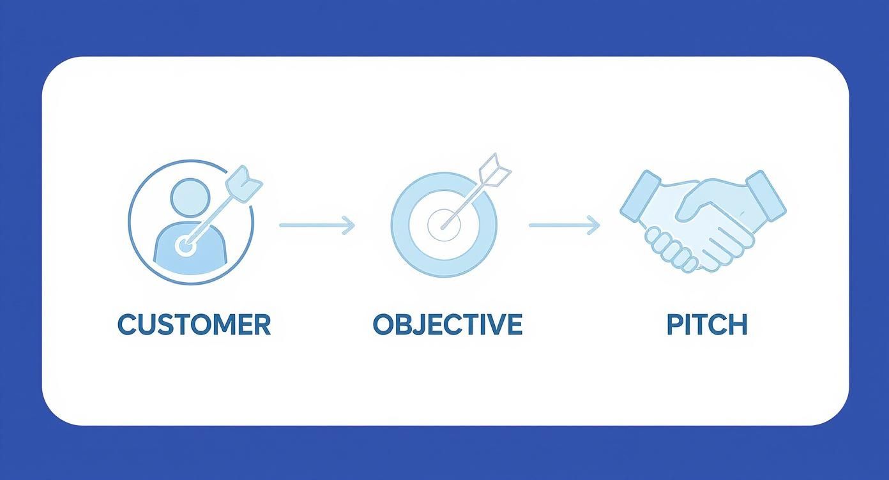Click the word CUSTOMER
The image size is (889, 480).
194,324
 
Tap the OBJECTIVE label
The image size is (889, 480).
447,324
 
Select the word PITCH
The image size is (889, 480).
707,324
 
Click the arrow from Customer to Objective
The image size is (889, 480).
316,225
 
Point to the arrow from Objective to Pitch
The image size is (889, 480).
565,225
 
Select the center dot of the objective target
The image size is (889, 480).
442,225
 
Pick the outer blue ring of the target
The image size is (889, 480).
400,225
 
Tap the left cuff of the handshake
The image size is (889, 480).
640,195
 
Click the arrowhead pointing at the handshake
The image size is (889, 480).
594,225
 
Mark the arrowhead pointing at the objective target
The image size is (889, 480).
349,225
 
